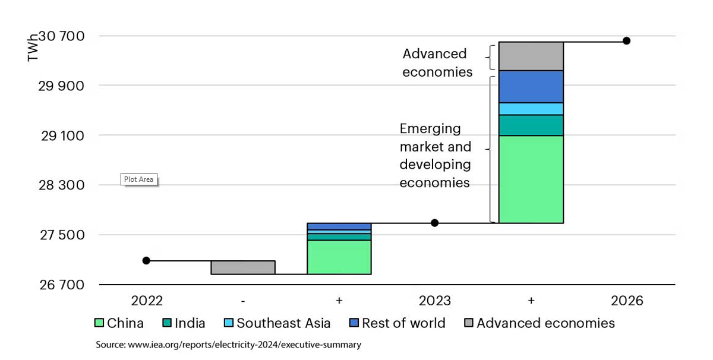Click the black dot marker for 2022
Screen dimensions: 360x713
(x=146, y=260)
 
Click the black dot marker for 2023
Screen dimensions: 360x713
(x=434, y=223)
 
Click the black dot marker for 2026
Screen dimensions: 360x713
(x=626, y=40)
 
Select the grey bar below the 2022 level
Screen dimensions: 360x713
(x=243, y=267)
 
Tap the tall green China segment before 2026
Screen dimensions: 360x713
(x=531, y=179)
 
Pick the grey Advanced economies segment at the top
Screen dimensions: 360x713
(x=531, y=56)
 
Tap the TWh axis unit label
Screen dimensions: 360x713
(x=32, y=49)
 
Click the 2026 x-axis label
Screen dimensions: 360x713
(x=627, y=301)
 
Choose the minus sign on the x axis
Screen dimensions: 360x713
(x=243, y=301)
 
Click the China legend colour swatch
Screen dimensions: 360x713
(x=99, y=323)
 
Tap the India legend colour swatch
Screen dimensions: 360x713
(x=168, y=323)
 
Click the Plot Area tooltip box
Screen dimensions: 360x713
(x=138, y=179)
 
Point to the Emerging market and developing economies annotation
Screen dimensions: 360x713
(x=436, y=156)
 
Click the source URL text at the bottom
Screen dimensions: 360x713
(x=228, y=345)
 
